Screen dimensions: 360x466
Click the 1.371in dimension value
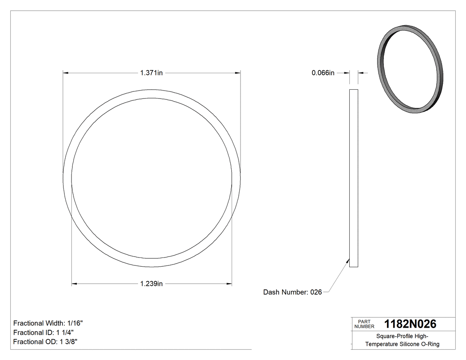[151, 73]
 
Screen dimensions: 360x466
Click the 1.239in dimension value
[151, 284]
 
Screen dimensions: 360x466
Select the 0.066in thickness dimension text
[323, 73]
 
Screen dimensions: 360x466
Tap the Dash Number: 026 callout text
[292, 292]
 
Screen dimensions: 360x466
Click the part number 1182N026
[410, 324]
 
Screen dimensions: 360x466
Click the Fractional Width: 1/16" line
[48, 323]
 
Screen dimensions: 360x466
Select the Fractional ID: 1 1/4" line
[43, 332]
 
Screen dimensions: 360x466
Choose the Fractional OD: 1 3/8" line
[46, 342]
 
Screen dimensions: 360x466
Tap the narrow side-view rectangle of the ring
[354, 178]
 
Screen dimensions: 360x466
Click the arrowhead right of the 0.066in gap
[360, 73]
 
